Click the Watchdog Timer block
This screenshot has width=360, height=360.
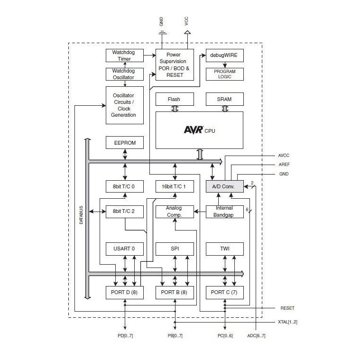pyautogui.click(x=124, y=55)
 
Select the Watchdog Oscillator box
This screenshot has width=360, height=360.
pyautogui.click(x=124, y=74)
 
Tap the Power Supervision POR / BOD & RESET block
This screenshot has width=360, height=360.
pyautogui.click(x=175, y=65)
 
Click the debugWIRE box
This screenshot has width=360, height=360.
pyautogui.click(x=224, y=55)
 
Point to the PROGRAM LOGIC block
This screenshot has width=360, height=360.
pyautogui.click(x=224, y=74)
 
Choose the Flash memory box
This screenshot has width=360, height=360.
pyautogui.click(x=175, y=99)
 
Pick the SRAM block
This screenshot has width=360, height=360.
pyautogui.click(x=224, y=99)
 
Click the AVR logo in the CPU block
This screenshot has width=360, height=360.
pyautogui.click(x=194, y=129)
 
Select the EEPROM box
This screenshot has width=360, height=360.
pyautogui.click(x=124, y=142)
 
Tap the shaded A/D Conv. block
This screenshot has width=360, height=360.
pyautogui.click(x=224, y=186)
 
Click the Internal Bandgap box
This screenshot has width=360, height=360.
pyautogui.click(x=224, y=212)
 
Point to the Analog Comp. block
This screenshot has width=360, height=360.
pyautogui.click(x=175, y=212)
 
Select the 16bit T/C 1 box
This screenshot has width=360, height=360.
pyautogui.click(x=175, y=186)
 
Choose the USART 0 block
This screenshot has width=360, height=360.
pyautogui.click(x=124, y=249)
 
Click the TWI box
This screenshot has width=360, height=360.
pyautogui.click(x=224, y=249)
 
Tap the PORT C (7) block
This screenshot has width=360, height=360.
pyautogui.click(x=224, y=292)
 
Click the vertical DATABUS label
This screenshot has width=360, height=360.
pyautogui.click(x=81, y=214)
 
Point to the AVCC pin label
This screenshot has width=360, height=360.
pyautogui.click(x=284, y=156)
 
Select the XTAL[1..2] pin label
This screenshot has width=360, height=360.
pyautogui.click(x=287, y=322)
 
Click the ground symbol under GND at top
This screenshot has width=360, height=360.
pyautogui.click(x=162, y=33)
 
